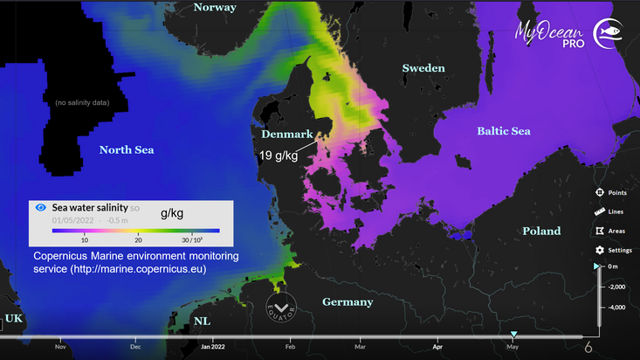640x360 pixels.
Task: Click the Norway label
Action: coord(215,7)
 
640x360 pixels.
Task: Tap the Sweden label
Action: coord(423,68)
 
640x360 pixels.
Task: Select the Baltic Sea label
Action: coord(504,131)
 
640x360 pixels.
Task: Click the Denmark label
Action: coord(288,135)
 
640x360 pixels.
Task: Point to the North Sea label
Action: coord(127,149)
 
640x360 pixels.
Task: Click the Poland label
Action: coord(541,232)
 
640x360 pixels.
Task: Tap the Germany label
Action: coord(348,302)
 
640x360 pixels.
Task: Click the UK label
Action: coord(14,319)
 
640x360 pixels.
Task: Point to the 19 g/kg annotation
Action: coord(279,155)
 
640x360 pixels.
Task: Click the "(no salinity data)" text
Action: coord(82,103)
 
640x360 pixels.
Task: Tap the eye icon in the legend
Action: coord(39,208)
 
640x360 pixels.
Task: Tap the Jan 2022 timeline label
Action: coord(214,347)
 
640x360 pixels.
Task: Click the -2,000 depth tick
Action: coord(616,287)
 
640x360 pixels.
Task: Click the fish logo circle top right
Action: coord(608,32)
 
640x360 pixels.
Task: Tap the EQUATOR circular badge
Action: coord(282,308)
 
